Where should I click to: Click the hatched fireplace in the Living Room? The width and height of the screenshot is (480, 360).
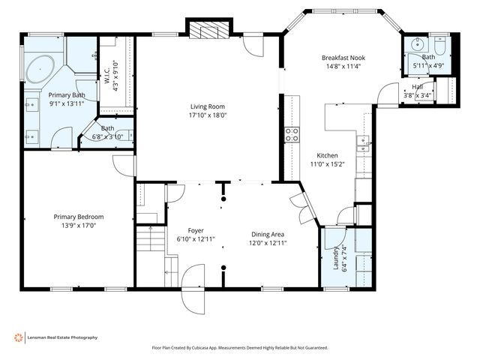point(204,31)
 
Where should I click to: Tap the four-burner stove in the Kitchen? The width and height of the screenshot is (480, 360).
point(291,134)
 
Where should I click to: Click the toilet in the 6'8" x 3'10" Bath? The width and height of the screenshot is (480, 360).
point(130,136)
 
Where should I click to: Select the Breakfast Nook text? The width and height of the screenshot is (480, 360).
point(343,58)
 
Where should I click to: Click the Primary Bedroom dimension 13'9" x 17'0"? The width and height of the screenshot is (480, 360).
point(78,225)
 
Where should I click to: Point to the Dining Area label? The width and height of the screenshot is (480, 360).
point(267,234)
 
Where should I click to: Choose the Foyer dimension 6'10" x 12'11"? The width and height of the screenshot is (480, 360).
point(195,239)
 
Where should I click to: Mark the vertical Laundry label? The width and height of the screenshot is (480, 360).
point(335,258)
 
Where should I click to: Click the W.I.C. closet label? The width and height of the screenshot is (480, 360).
point(108,76)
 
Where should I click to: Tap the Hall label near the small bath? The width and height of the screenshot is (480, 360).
point(417,86)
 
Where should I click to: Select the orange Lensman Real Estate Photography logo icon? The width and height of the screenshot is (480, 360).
point(19,337)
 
